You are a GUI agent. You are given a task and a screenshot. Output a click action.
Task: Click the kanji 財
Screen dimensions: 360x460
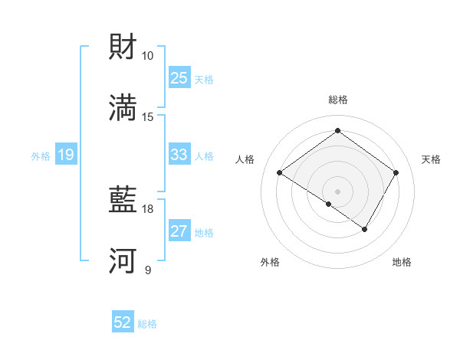pos(123,47)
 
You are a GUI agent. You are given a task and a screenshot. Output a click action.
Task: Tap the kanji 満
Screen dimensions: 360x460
pos(123,106)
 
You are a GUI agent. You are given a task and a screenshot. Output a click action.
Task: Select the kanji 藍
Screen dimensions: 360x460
pos(123,201)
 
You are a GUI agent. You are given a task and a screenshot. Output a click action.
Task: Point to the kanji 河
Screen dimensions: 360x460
pos(123,260)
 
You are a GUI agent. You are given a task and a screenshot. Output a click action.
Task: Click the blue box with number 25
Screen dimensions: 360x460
pos(179,78)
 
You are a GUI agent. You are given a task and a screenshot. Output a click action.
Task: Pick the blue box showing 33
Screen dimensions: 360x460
pos(179,155)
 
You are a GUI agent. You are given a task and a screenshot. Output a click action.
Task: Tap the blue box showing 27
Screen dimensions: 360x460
pos(179,231)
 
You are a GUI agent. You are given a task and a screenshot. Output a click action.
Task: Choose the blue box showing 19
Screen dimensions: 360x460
pos(65,155)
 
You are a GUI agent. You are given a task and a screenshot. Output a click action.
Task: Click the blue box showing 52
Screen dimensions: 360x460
pos(123,322)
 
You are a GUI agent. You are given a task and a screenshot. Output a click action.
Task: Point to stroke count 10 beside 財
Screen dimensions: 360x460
pos(148,56)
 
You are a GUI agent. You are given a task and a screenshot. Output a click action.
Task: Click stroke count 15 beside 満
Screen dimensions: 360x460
pos(148,116)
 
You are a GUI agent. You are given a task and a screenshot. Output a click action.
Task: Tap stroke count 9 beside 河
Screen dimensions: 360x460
pos(148,270)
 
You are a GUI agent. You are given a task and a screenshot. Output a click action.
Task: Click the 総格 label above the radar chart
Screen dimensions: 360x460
pos(337,100)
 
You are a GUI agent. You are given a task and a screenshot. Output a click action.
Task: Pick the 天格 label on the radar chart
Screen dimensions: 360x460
pos(431,159)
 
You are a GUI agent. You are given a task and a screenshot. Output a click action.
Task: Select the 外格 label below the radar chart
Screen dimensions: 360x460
pos(270,262)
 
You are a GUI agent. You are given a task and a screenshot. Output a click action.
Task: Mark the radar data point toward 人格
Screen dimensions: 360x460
pos(280,173)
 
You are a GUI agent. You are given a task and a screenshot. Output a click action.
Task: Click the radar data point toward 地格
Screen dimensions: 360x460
pos(365,229)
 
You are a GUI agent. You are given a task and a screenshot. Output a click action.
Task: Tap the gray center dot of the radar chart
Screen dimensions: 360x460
pos(337,191)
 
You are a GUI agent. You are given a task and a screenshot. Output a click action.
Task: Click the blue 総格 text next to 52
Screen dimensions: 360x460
pos(147,324)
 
